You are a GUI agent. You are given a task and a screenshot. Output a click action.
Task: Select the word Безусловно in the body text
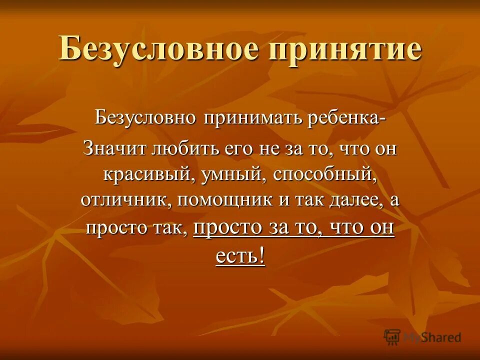[x=145, y=119]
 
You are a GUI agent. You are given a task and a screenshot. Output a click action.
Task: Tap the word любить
[x=171, y=148]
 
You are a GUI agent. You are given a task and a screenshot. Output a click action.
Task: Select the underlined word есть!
[x=240, y=256]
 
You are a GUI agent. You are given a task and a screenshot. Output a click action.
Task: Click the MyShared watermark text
[x=432, y=337]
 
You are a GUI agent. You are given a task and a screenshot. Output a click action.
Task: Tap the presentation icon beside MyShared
[x=393, y=336]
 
